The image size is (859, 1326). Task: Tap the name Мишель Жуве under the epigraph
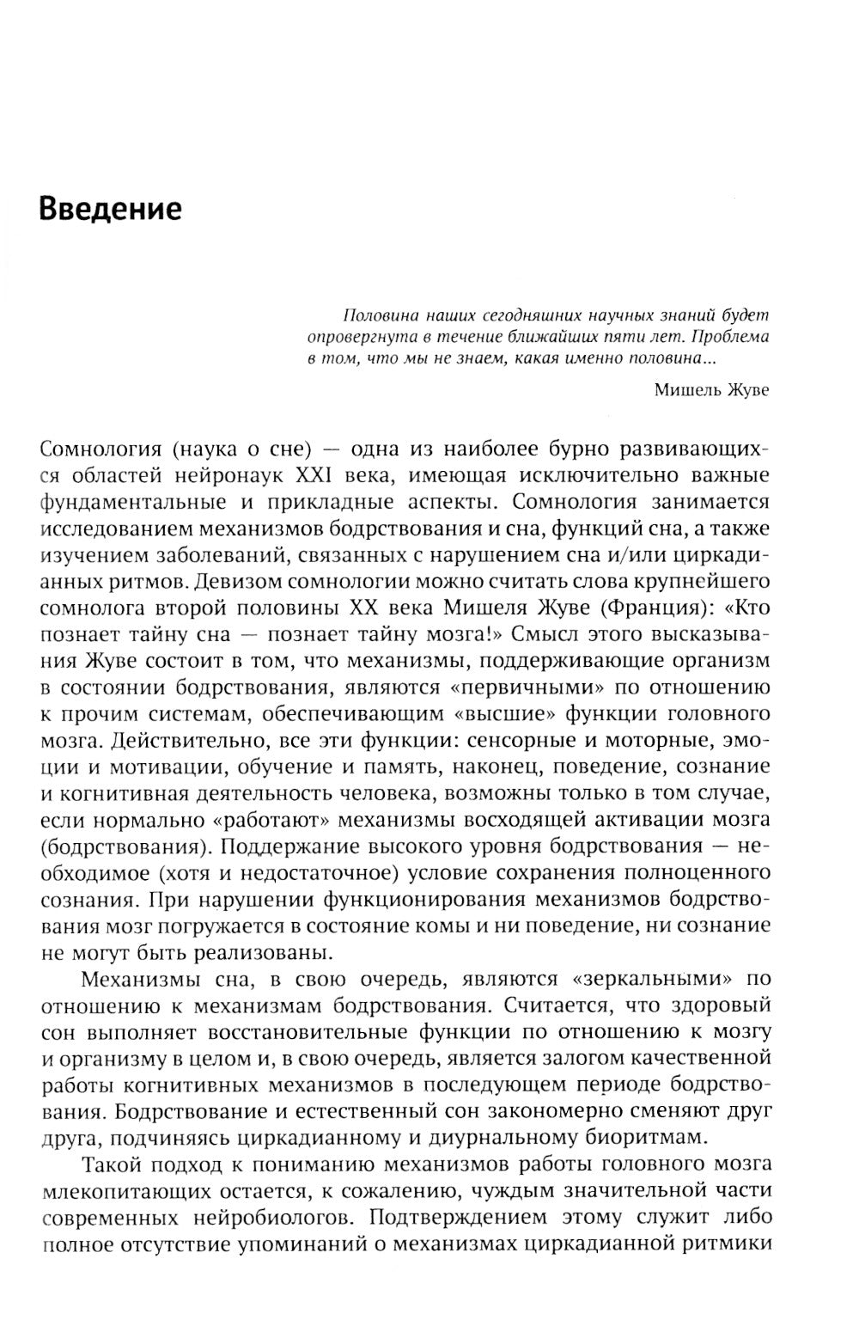711,390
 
